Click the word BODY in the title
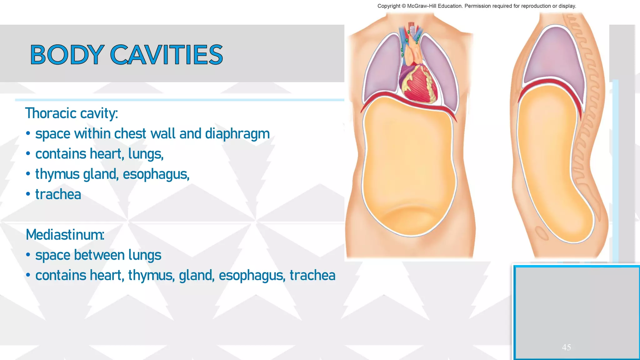pos(67,55)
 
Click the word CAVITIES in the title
pos(167,55)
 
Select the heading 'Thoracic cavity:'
pos(72,113)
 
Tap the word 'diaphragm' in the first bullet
pos(237,134)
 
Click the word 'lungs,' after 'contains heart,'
pos(146,154)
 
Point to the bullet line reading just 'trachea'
pos(58,194)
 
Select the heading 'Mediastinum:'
pos(65,235)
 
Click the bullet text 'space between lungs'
pos(98,255)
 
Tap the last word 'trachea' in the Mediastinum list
pos(312,275)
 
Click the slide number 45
pos(566,347)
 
